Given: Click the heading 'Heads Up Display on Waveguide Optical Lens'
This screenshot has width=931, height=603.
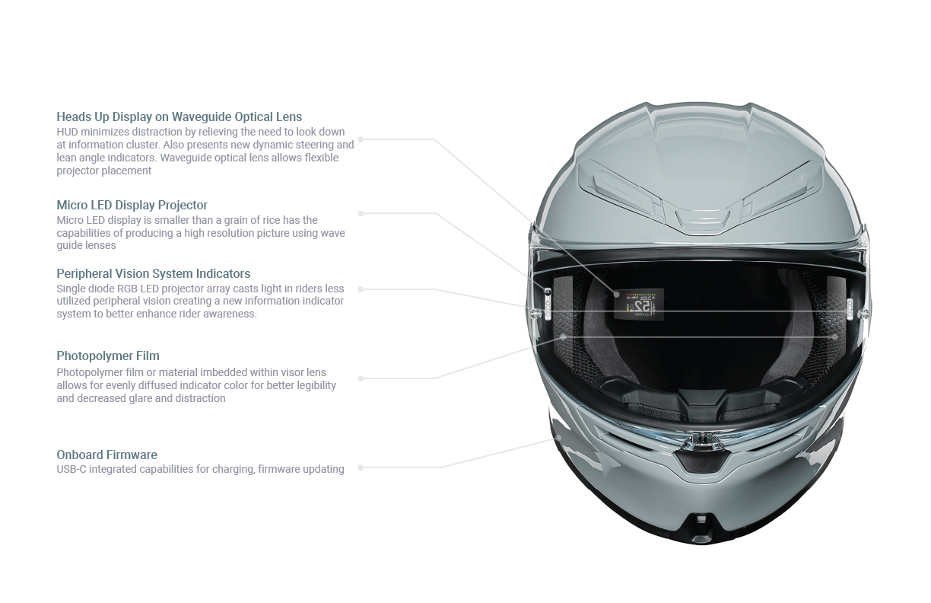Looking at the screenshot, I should click(x=179, y=117).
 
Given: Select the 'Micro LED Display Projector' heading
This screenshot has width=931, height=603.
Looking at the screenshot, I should click(x=132, y=206).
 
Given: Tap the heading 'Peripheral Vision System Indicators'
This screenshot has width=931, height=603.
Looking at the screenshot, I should click(x=153, y=274).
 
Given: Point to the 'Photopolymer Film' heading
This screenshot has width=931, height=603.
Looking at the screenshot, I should click(x=108, y=356).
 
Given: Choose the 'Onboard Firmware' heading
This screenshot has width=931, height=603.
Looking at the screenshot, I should click(x=106, y=455).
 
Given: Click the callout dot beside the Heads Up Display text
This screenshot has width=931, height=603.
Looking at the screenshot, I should click(x=361, y=139).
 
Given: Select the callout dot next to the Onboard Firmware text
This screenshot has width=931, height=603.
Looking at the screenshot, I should click(x=361, y=467).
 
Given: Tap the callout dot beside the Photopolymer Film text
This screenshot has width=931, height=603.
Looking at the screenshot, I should click(x=361, y=378).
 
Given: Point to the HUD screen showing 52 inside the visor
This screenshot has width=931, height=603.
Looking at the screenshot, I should click(x=639, y=305).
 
